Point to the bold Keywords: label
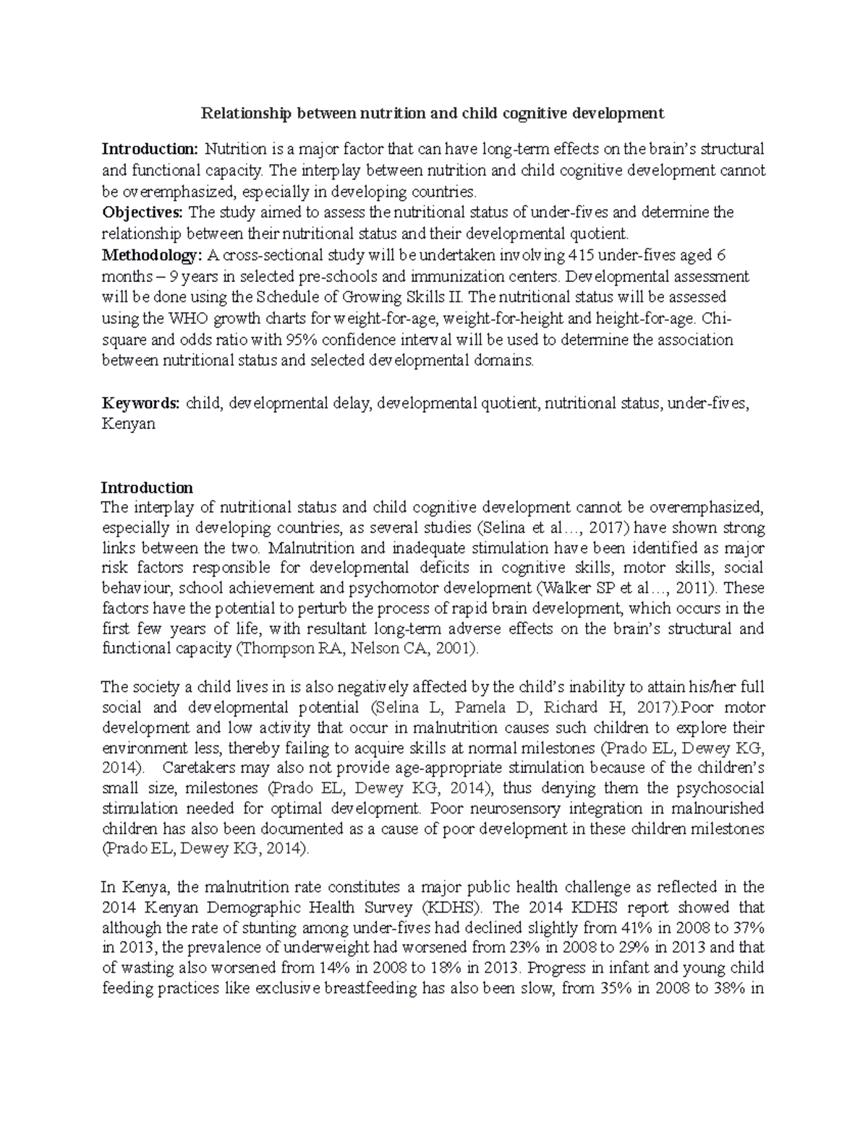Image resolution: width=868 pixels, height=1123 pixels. [x=141, y=403]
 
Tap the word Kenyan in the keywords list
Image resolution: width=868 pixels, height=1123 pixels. [x=128, y=424]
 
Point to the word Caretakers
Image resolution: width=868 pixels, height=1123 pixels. [x=200, y=767]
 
